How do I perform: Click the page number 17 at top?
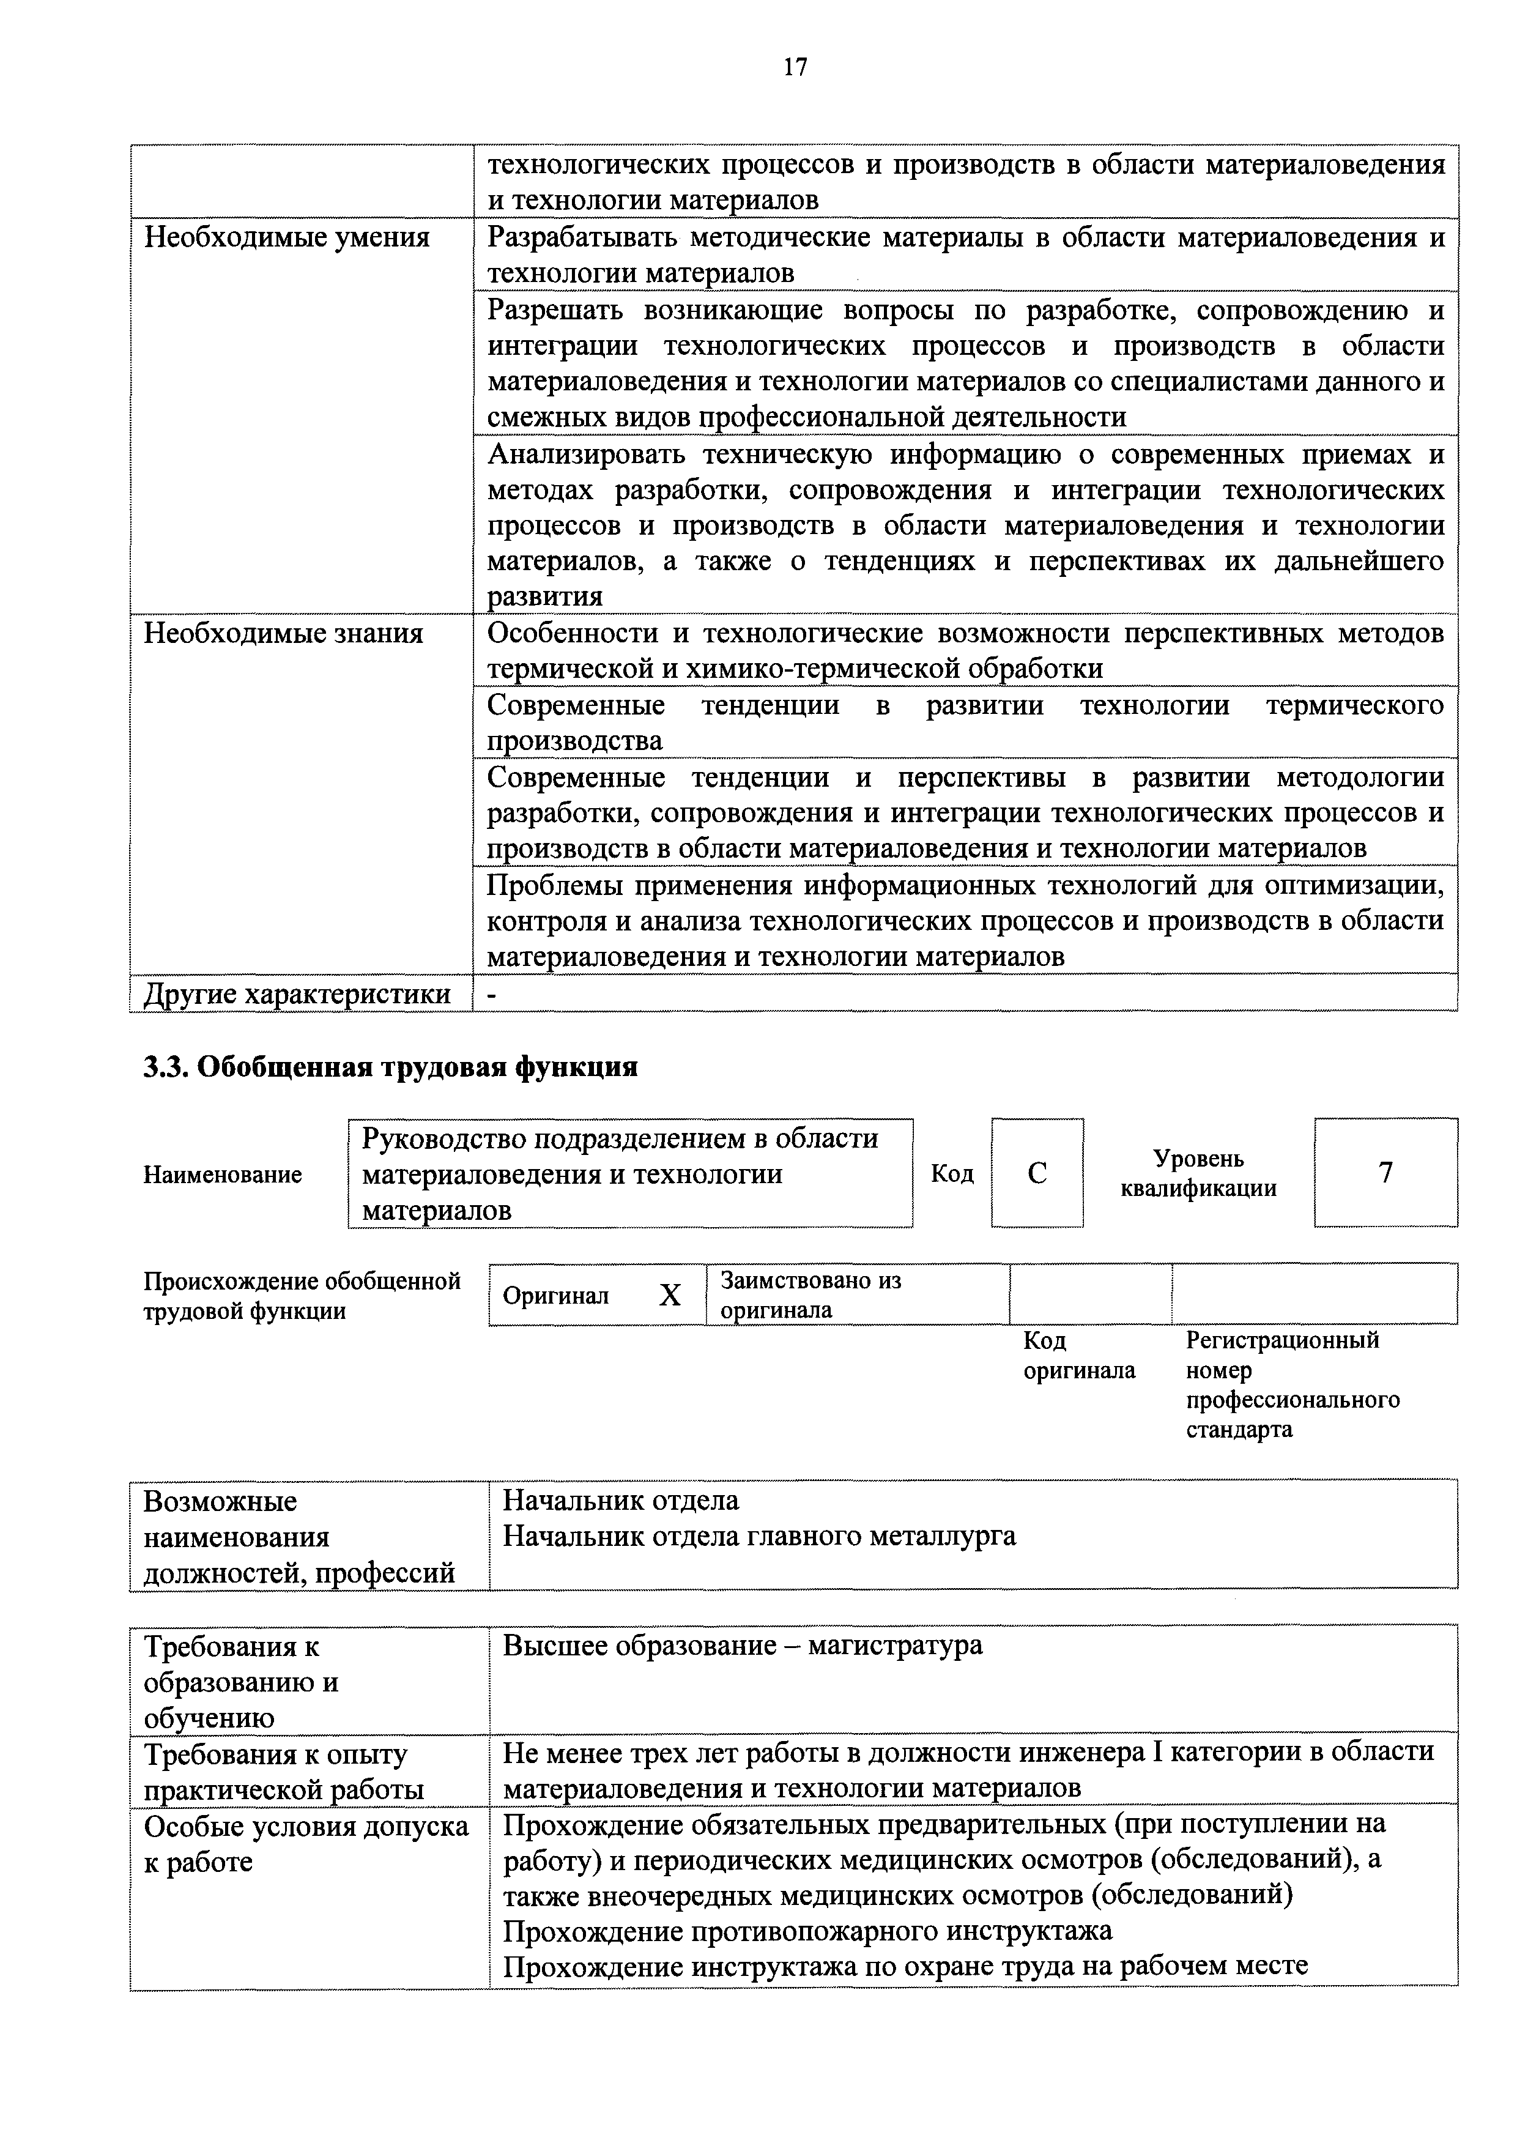pos(795,67)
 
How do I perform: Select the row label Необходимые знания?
pos(283,634)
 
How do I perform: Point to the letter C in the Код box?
pos(1037,1173)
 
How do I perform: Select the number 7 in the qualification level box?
pos(1385,1172)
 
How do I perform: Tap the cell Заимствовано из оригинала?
pos(810,1294)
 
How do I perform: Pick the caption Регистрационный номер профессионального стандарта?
pos(1293,1384)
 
